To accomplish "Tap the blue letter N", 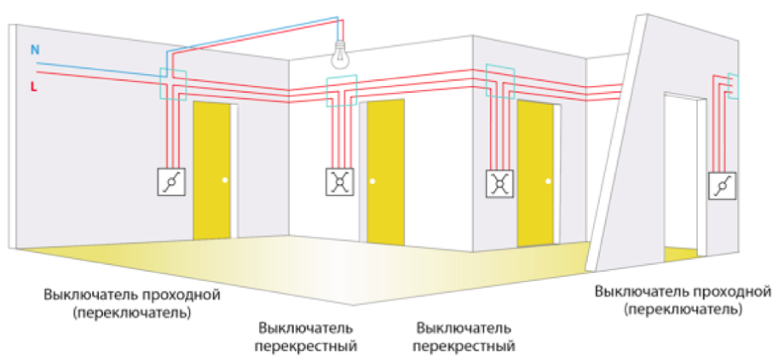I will click(35, 50).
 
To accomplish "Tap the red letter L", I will click(33, 87).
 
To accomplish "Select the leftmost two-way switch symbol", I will click(173, 181).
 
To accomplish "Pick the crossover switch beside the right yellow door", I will click(499, 182).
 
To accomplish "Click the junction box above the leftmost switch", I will click(173, 83).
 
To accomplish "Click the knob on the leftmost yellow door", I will click(225, 180).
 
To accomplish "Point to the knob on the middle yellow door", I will click(372, 182).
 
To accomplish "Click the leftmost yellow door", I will click(212, 170).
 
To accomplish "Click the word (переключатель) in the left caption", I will click(132, 312).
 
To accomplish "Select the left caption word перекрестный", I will click(306, 347).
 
